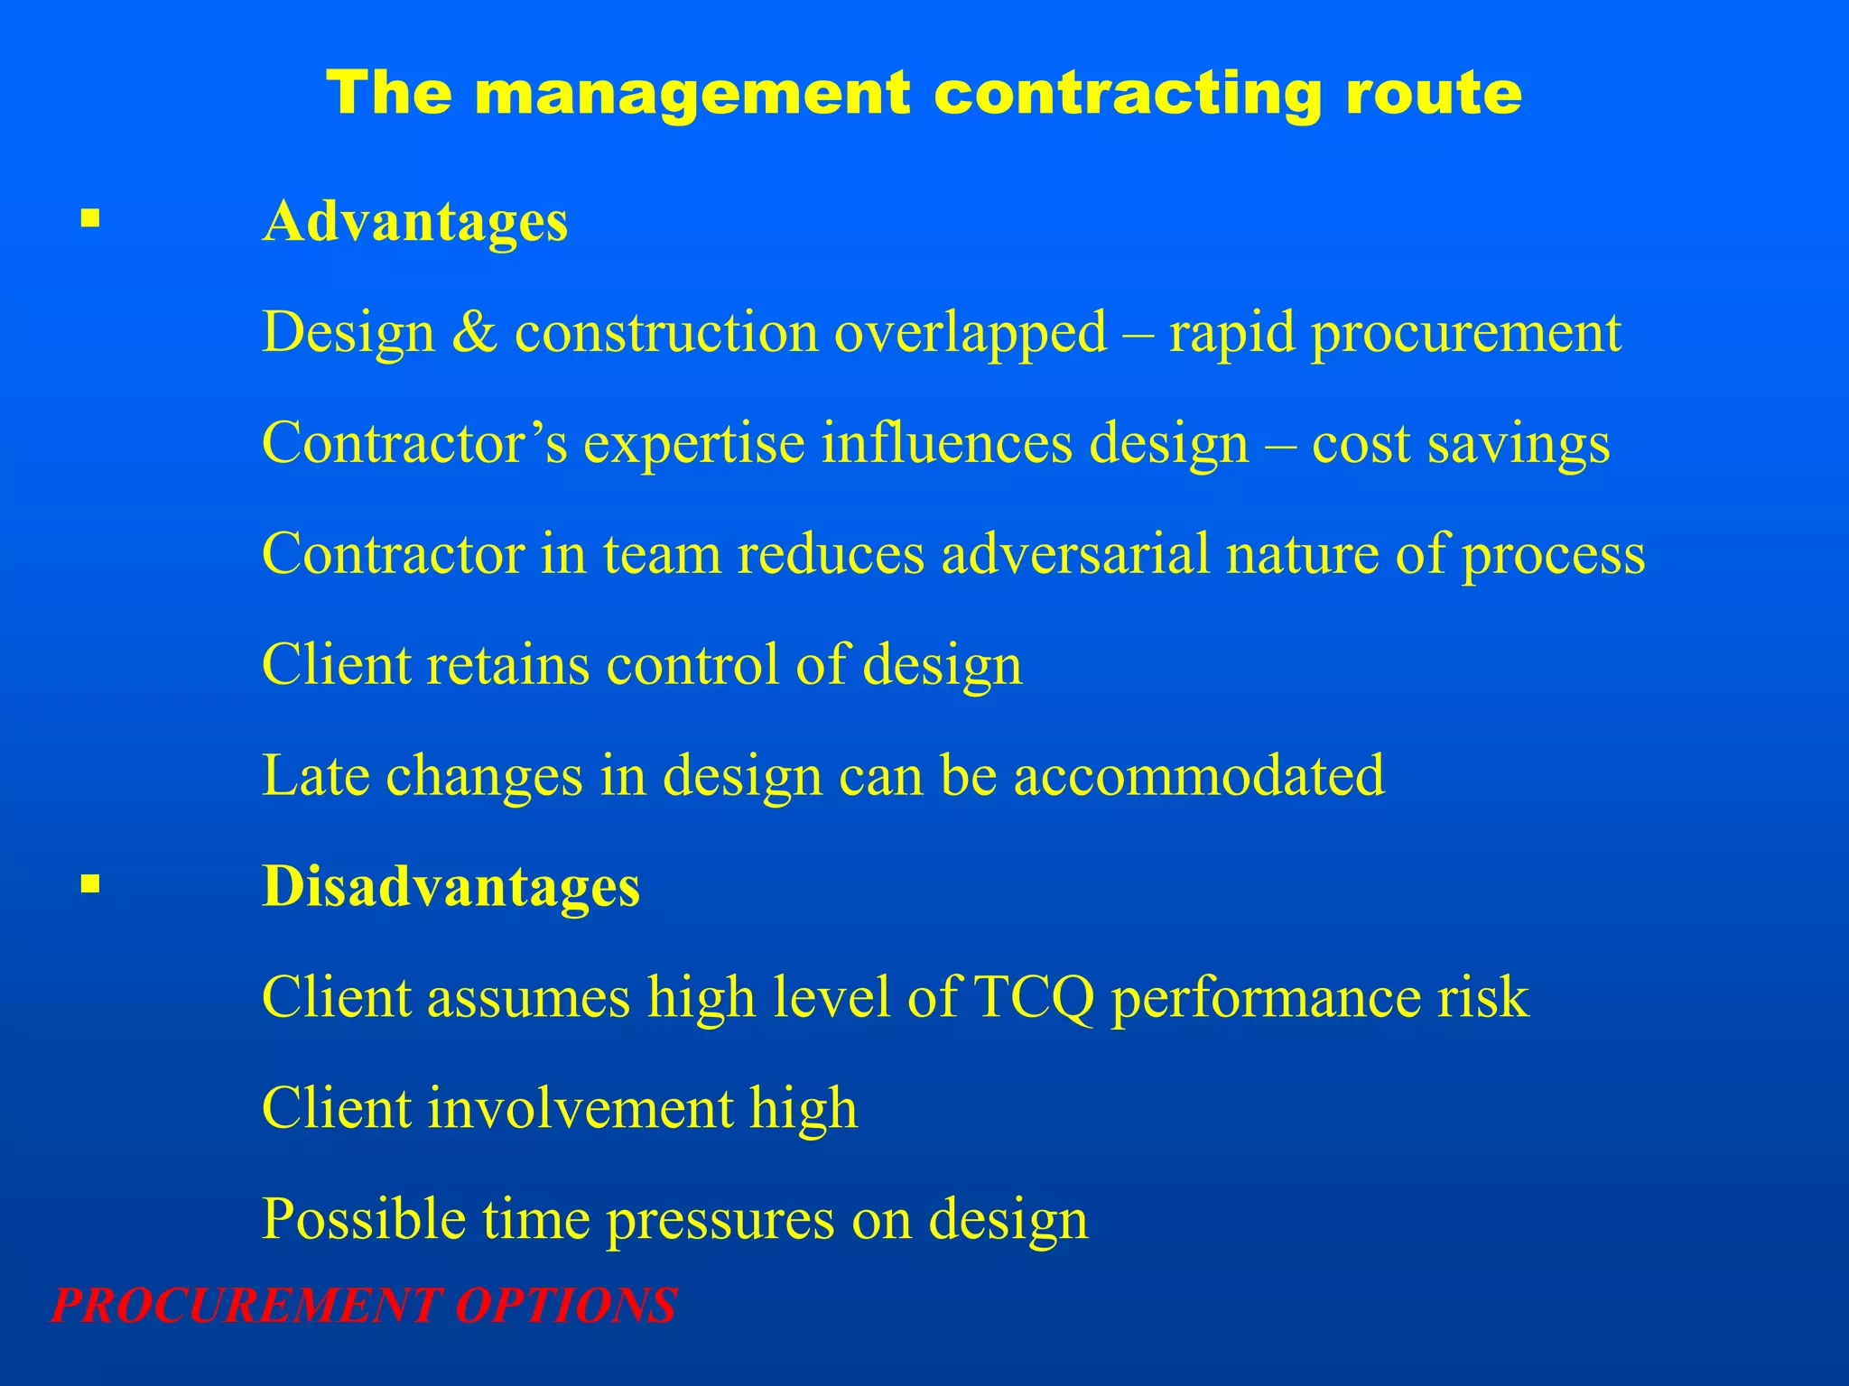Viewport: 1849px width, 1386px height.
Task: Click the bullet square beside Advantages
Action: pyautogui.click(x=88, y=218)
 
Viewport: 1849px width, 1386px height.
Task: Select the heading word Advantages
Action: pyautogui.click(x=414, y=222)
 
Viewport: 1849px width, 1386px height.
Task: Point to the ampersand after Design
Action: pyautogui.click(x=475, y=332)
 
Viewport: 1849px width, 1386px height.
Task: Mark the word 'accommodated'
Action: pyautogui.click(x=1199, y=776)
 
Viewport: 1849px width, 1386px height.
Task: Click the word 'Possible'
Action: pyautogui.click(x=363, y=1220)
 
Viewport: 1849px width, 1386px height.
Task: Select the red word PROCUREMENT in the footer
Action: pyautogui.click(x=246, y=1306)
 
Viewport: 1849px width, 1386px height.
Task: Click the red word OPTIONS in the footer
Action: pyautogui.click(x=565, y=1306)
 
